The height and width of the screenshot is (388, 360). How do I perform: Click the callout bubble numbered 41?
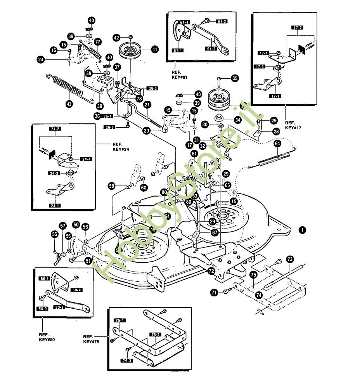pos(155,49)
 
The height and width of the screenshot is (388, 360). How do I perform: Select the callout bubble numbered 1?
pos(301,230)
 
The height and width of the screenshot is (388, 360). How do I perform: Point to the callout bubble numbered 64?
pos(278,144)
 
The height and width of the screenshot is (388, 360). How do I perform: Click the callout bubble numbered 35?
pos(235,78)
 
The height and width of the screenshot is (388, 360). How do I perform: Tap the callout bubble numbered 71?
pos(214,293)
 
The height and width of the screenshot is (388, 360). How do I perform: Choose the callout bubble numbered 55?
pos(55,234)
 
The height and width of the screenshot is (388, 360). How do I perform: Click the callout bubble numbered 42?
pos(116,38)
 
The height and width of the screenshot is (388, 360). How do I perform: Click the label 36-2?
pos(109,127)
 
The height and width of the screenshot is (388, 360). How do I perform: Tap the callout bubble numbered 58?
pos(112,187)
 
